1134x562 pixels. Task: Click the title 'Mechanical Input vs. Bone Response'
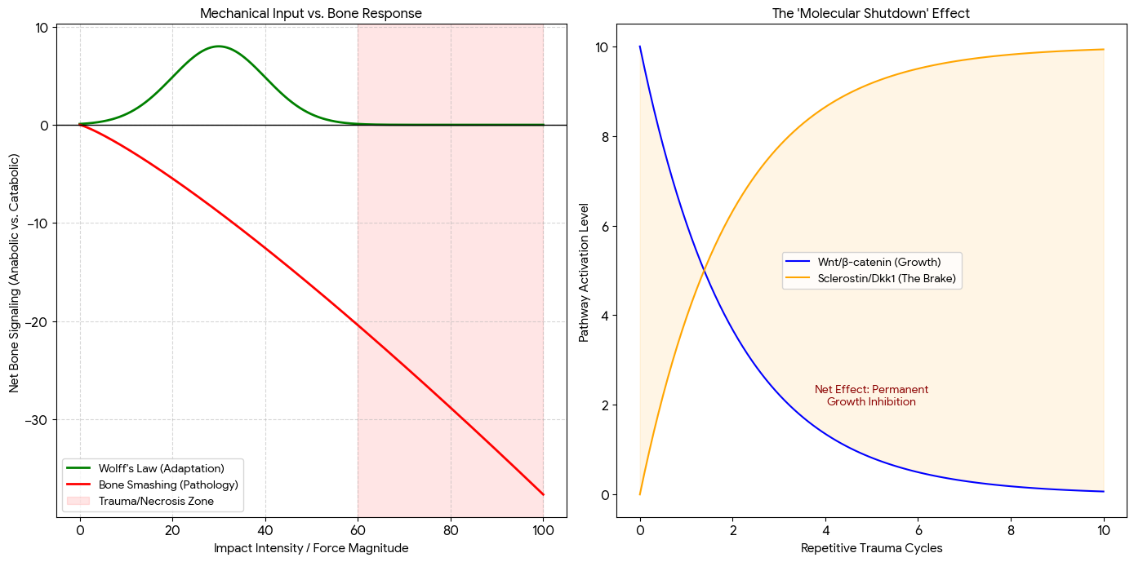pyautogui.click(x=311, y=13)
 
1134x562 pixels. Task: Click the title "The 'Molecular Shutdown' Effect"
pyautogui.click(x=871, y=13)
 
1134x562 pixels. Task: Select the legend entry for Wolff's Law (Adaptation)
pyautogui.click(x=161, y=468)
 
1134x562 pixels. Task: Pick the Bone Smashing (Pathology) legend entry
pyautogui.click(x=168, y=485)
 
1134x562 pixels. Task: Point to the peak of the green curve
pyautogui.click(x=219, y=46)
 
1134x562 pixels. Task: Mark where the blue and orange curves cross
pyautogui.click(x=704, y=271)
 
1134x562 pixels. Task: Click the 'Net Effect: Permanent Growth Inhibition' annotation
pyautogui.click(x=871, y=396)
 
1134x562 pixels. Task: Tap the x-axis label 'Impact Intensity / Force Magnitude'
pyautogui.click(x=311, y=548)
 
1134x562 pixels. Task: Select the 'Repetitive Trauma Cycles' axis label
pyautogui.click(x=871, y=548)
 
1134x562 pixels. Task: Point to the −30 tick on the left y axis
pyautogui.click(x=40, y=420)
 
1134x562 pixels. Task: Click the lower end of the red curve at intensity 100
pyautogui.click(x=543, y=494)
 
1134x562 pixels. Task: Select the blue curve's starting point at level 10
pyautogui.click(x=640, y=46)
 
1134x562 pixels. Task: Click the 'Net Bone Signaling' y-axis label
pyautogui.click(x=15, y=271)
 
